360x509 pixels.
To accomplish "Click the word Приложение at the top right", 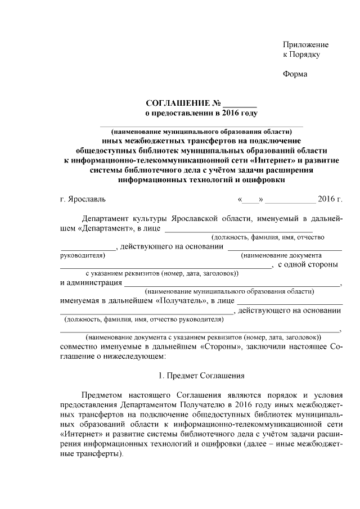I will click(305, 44).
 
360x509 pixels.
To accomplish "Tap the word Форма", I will click(295, 74).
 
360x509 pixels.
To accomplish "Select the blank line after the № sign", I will click(240, 104).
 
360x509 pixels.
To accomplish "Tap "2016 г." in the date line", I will click(330, 199).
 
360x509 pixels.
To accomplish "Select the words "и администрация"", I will click(91, 282).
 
